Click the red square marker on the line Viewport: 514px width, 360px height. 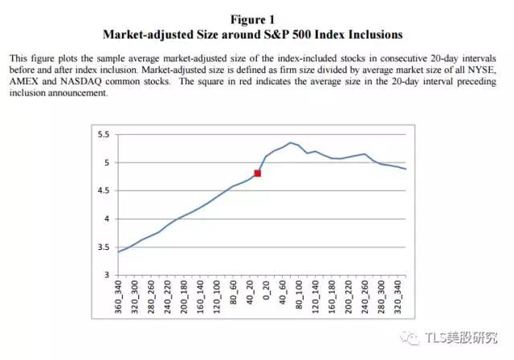pos(258,173)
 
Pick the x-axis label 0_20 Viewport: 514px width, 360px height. pos(267,290)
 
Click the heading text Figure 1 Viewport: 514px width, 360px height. pos(252,18)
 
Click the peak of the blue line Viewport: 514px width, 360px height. pos(290,143)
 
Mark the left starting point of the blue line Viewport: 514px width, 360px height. pos(118,252)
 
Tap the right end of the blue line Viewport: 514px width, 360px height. pos(406,169)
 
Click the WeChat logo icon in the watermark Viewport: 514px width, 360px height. pos(416,337)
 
